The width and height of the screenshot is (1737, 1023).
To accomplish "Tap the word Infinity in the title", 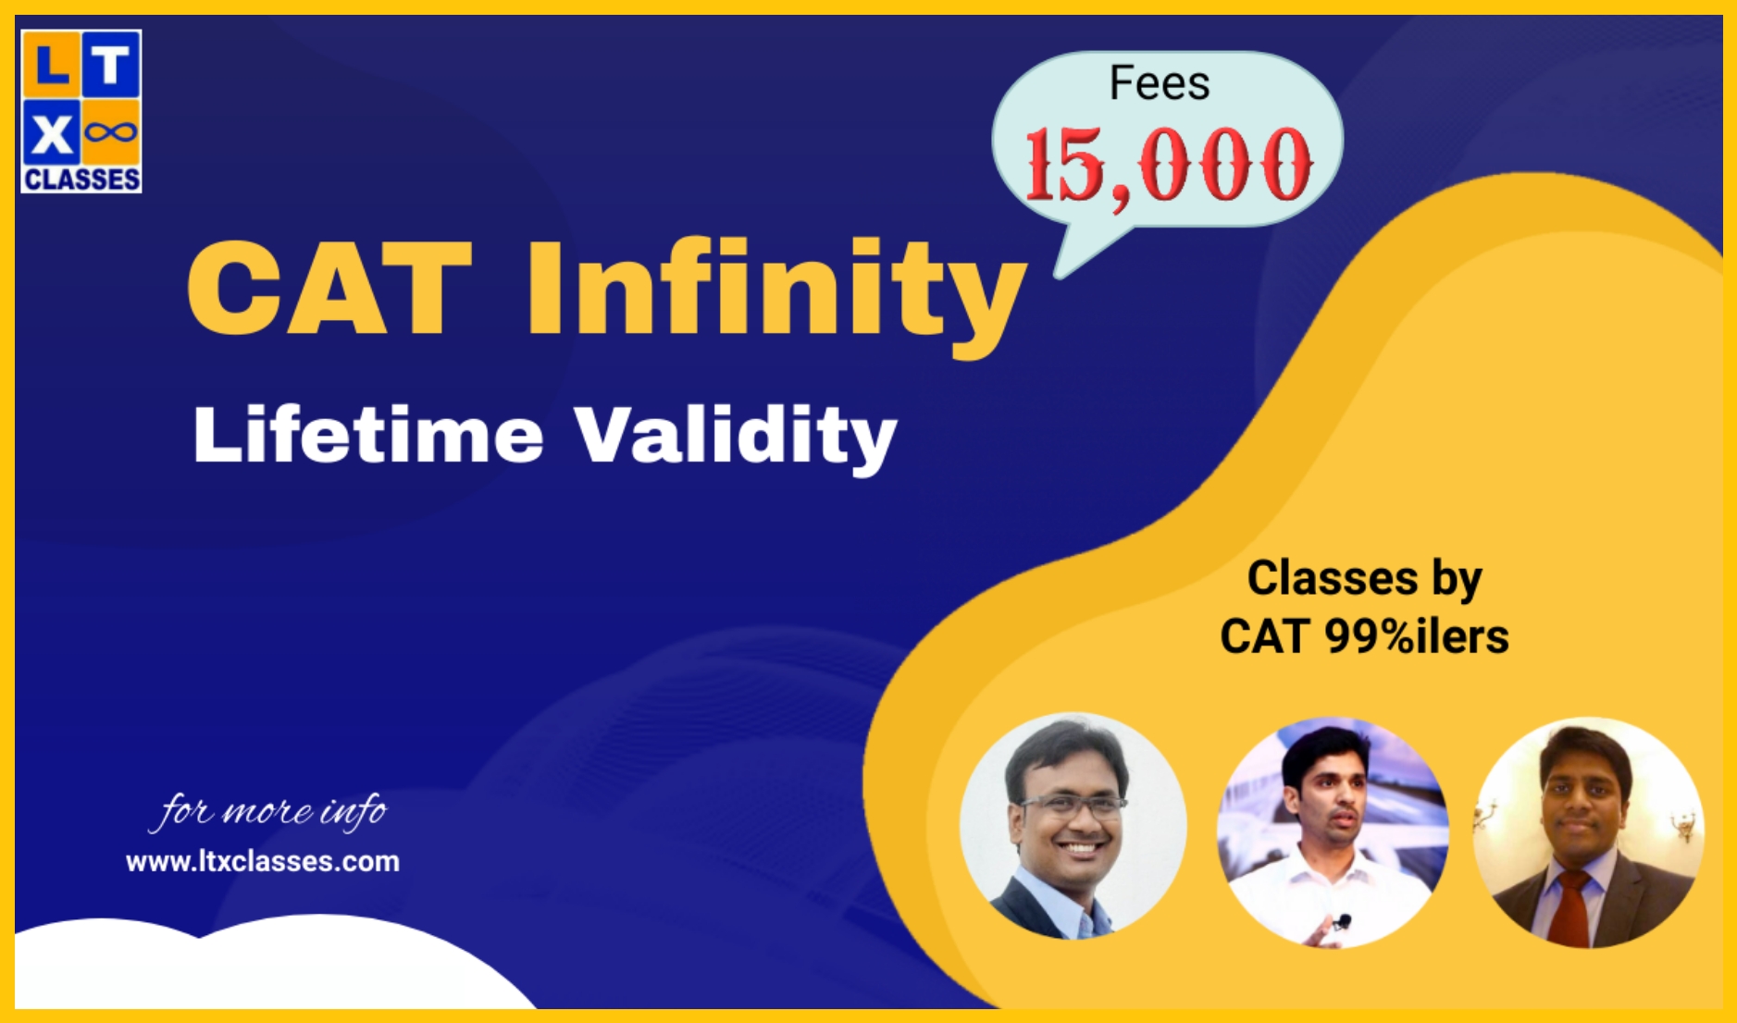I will point(775,289).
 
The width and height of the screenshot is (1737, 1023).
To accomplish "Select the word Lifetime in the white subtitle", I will point(367,435).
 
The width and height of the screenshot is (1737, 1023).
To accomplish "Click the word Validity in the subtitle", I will point(736,437).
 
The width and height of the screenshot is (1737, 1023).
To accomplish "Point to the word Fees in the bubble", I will point(1159,83).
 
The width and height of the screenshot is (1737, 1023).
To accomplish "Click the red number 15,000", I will point(1168,165).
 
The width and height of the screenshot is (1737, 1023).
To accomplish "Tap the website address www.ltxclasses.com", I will point(263,861).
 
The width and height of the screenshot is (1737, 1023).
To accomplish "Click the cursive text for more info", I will point(268,811).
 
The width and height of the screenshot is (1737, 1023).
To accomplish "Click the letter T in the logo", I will point(111,66).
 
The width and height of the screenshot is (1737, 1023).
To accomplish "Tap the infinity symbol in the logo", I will point(111,133).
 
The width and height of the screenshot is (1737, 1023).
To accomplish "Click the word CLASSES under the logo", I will point(81,179).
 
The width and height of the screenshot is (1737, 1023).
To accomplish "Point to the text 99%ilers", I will point(1416,636).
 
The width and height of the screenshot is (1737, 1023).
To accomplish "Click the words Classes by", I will point(1364,578).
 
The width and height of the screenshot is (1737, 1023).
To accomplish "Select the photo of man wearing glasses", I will point(1073,826).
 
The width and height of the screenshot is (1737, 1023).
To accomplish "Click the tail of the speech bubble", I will point(1083,254).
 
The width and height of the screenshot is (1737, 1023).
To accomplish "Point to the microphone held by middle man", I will point(1343,920).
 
